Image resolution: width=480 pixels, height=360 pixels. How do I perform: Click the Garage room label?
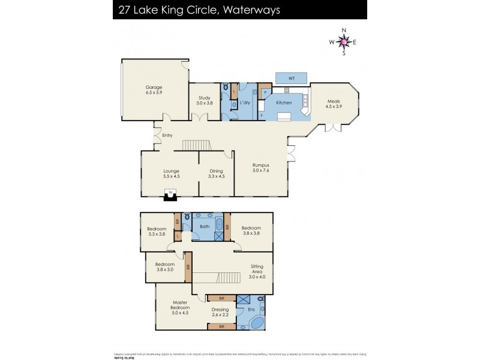pyautogui.click(x=154, y=90)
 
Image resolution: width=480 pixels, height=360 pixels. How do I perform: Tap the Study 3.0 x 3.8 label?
pyautogui.click(x=205, y=100)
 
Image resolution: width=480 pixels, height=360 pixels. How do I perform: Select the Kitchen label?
pyautogui.click(x=284, y=103)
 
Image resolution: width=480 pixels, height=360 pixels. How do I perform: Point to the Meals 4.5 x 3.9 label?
pyautogui.click(x=334, y=104)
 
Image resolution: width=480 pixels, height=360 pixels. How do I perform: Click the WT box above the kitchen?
pyautogui.click(x=292, y=79)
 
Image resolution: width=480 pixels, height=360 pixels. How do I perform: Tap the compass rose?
pyautogui.click(x=343, y=42)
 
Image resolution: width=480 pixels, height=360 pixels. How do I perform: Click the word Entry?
pyautogui.click(x=167, y=136)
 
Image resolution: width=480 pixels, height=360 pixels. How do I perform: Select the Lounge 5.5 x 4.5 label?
pyautogui.click(x=171, y=173)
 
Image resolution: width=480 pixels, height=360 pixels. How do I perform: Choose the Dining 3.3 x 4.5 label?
pyautogui.click(x=216, y=173)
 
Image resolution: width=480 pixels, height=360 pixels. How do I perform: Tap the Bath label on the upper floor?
pyautogui.click(x=205, y=227)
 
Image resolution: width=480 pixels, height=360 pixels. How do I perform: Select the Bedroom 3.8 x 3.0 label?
pyautogui.click(x=165, y=268)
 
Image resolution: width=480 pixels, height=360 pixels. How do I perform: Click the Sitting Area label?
pyautogui.click(x=257, y=274)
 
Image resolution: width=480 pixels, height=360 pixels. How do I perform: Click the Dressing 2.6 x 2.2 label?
pyautogui.click(x=220, y=313)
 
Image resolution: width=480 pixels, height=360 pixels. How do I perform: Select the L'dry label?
pyautogui.click(x=245, y=103)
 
